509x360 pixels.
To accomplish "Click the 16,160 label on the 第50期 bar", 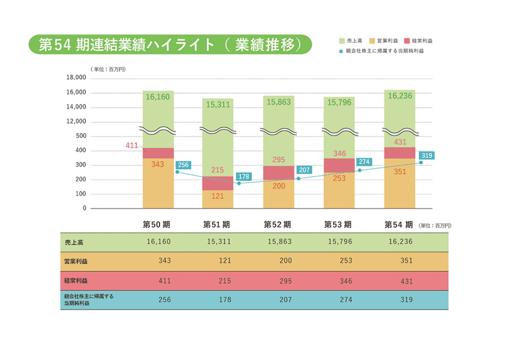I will click(x=158, y=96).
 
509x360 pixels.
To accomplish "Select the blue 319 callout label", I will click(x=426, y=156).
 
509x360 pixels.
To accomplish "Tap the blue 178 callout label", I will click(x=244, y=177).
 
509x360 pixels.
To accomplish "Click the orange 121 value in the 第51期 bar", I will click(x=218, y=196).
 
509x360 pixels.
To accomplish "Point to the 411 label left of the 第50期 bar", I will click(x=131, y=146).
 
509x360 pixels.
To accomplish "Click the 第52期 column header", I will click(x=277, y=225).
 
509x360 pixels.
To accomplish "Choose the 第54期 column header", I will click(x=399, y=225).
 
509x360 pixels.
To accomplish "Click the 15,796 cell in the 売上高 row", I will click(x=339, y=242).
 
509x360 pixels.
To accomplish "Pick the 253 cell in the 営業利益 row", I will click(x=346, y=261).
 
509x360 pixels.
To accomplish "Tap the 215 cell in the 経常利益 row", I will click(x=225, y=281).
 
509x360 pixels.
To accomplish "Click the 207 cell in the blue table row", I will click(x=285, y=300).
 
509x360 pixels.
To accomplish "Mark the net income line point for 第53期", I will click(x=360, y=170).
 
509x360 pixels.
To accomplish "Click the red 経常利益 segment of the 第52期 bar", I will click(x=279, y=173).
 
